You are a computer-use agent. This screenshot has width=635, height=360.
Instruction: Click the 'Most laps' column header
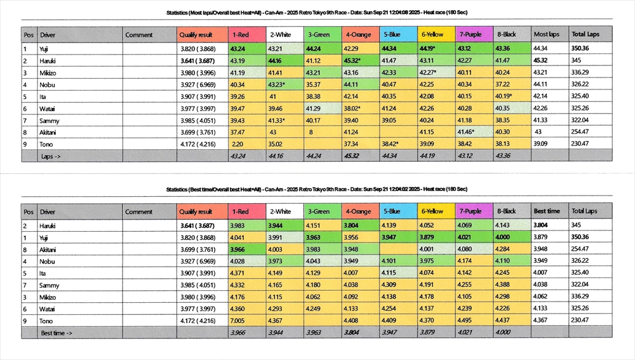[546, 34]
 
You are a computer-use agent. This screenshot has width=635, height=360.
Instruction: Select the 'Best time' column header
[546, 211]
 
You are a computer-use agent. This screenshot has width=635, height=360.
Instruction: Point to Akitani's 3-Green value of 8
[311, 131]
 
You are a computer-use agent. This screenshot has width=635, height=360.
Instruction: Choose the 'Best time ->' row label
[56, 332]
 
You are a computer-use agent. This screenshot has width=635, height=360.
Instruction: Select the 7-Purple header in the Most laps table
[471, 34]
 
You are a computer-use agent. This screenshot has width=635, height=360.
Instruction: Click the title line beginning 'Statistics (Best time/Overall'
[317, 189]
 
